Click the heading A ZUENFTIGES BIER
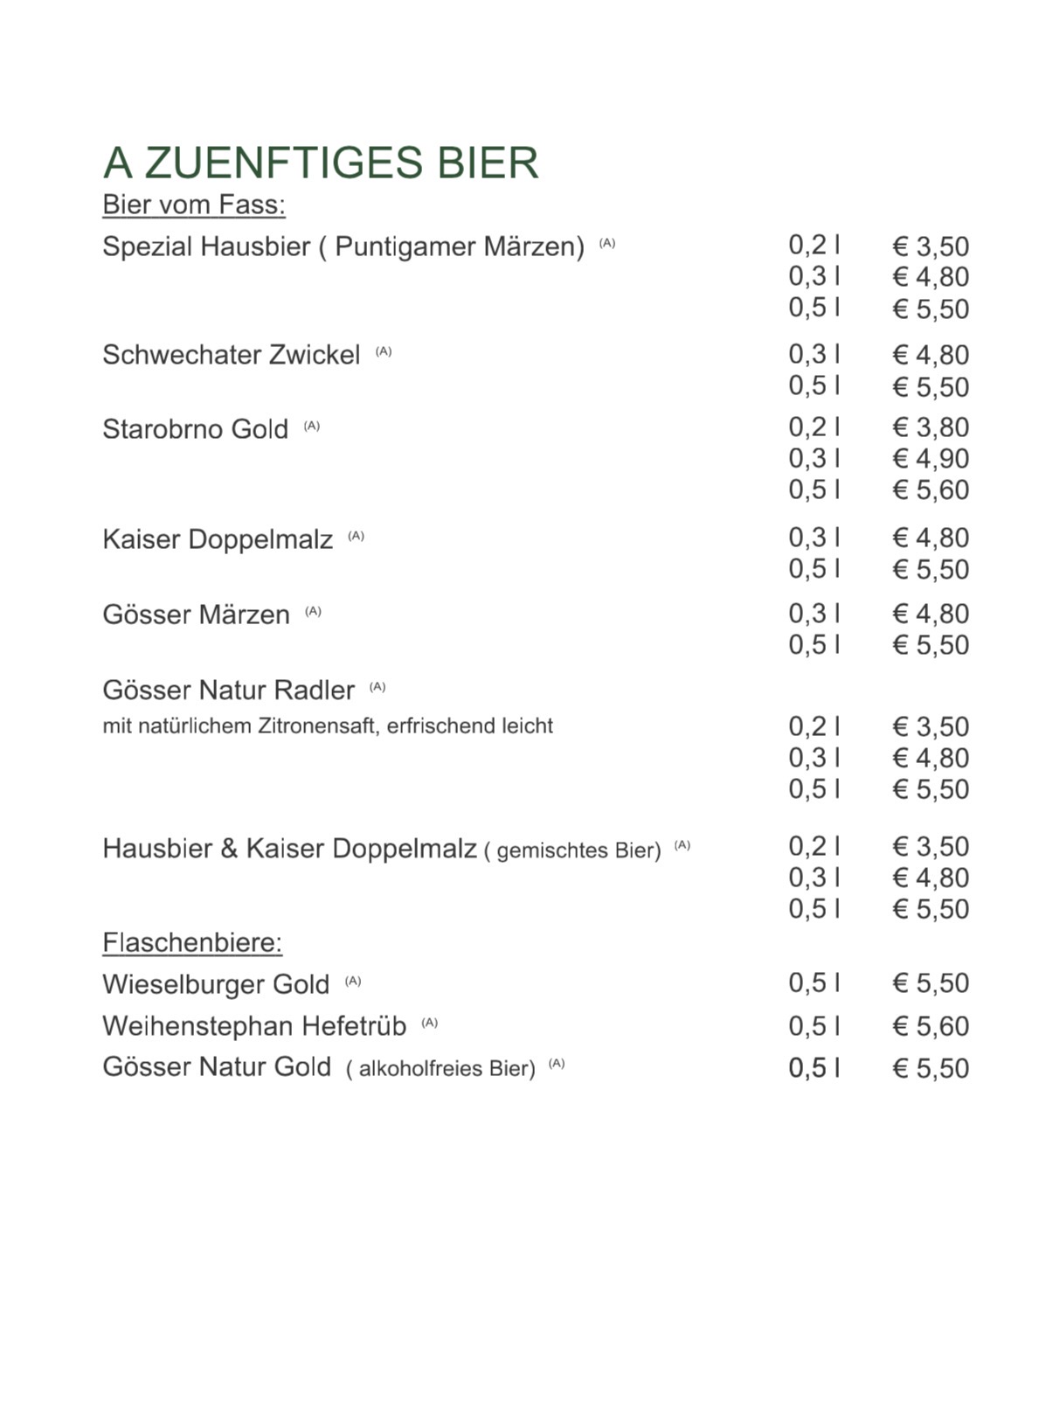(x=321, y=163)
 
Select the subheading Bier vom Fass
(x=194, y=205)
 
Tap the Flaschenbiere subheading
(x=192, y=942)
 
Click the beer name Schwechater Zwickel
(x=231, y=355)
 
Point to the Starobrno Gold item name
(x=195, y=429)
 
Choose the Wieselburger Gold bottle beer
(x=216, y=984)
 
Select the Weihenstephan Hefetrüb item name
(x=254, y=1025)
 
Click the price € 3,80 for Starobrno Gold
(x=931, y=427)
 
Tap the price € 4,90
(x=931, y=459)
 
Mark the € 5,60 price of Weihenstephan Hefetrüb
(x=931, y=1026)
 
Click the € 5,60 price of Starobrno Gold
(x=931, y=490)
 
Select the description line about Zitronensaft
(x=328, y=726)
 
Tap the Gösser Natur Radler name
(x=228, y=691)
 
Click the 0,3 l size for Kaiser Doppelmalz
(x=814, y=538)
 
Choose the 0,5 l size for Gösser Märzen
(x=814, y=645)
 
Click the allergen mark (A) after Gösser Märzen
(x=313, y=612)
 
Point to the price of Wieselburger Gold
(x=931, y=983)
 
